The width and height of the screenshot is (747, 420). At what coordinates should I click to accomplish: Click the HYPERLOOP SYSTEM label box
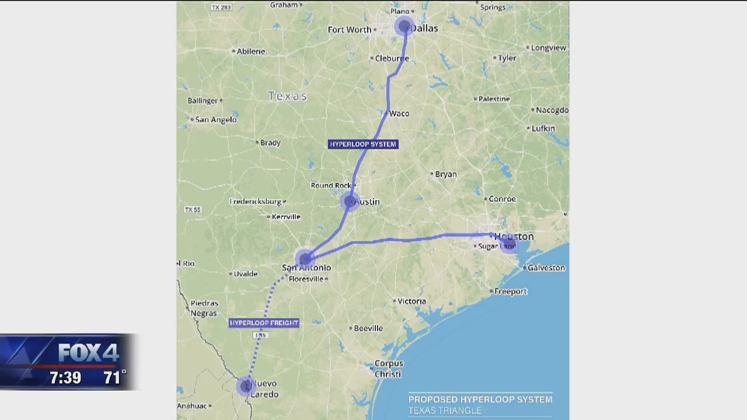(x=363, y=144)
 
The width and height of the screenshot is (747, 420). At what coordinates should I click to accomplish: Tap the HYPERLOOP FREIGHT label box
(x=264, y=323)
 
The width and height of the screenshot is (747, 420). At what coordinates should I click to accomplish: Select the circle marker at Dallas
(x=404, y=26)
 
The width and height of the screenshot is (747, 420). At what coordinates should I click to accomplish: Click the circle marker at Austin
(x=350, y=201)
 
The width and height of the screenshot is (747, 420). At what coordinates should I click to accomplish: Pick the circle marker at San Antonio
(x=305, y=258)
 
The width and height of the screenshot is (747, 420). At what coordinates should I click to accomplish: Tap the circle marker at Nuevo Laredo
(x=246, y=386)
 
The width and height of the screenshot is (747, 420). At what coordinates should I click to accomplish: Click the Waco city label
(x=399, y=113)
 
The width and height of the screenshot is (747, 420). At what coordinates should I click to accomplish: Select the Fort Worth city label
(x=350, y=30)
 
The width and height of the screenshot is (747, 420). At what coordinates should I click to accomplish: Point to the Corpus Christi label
(x=389, y=369)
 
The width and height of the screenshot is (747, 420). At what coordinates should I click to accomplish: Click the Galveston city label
(x=546, y=268)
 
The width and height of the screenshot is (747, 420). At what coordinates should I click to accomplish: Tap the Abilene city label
(x=250, y=51)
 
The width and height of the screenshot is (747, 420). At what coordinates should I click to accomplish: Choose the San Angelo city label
(x=216, y=120)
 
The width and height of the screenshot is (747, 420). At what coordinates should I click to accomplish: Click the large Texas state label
(x=288, y=96)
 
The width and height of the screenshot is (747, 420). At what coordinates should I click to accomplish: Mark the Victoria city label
(x=411, y=301)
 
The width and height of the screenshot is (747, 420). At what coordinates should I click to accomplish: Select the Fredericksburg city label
(x=255, y=202)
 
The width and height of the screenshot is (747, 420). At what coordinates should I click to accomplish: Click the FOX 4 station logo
(x=88, y=352)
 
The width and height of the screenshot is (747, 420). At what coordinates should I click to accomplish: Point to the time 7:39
(x=65, y=377)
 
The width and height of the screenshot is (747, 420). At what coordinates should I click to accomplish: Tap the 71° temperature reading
(x=114, y=377)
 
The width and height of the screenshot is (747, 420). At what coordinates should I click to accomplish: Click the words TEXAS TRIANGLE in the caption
(x=445, y=411)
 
